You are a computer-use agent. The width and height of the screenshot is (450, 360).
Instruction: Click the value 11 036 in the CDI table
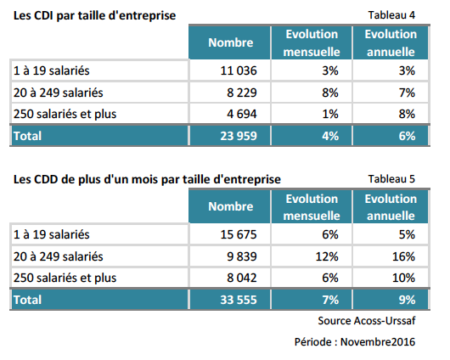point(239,70)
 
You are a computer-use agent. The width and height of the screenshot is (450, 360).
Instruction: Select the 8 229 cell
point(242,93)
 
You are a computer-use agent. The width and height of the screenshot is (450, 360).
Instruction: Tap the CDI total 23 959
point(239,136)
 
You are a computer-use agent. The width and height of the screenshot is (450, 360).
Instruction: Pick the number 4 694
point(242,114)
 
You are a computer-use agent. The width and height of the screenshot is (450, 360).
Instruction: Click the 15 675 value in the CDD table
point(239,234)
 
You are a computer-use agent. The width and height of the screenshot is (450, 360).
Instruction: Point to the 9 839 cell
point(242,256)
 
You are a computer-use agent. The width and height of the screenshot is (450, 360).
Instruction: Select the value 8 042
point(242,278)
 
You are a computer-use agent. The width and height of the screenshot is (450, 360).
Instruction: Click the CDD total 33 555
point(239,300)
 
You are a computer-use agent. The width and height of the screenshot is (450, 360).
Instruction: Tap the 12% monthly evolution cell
point(327,256)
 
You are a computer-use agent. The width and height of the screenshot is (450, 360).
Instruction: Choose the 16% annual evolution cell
point(403,256)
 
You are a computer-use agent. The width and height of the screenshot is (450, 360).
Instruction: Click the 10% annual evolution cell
point(403,278)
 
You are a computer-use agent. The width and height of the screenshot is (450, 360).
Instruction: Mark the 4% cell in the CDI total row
point(330,136)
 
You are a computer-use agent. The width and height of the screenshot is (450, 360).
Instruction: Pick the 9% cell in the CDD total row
point(407,300)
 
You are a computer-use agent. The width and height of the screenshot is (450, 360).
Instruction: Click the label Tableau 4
point(391,15)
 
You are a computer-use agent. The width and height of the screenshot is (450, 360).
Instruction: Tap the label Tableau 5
point(391,179)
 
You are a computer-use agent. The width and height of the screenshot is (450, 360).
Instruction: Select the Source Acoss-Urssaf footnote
point(367,321)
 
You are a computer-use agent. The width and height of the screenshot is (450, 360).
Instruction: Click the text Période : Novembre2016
point(355,342)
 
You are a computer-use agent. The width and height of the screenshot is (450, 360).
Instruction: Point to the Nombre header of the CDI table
point(231,42)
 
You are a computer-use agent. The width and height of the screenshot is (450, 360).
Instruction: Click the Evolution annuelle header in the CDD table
point(391,207)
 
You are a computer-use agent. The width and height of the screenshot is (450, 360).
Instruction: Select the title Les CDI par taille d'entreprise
point(95,15)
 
